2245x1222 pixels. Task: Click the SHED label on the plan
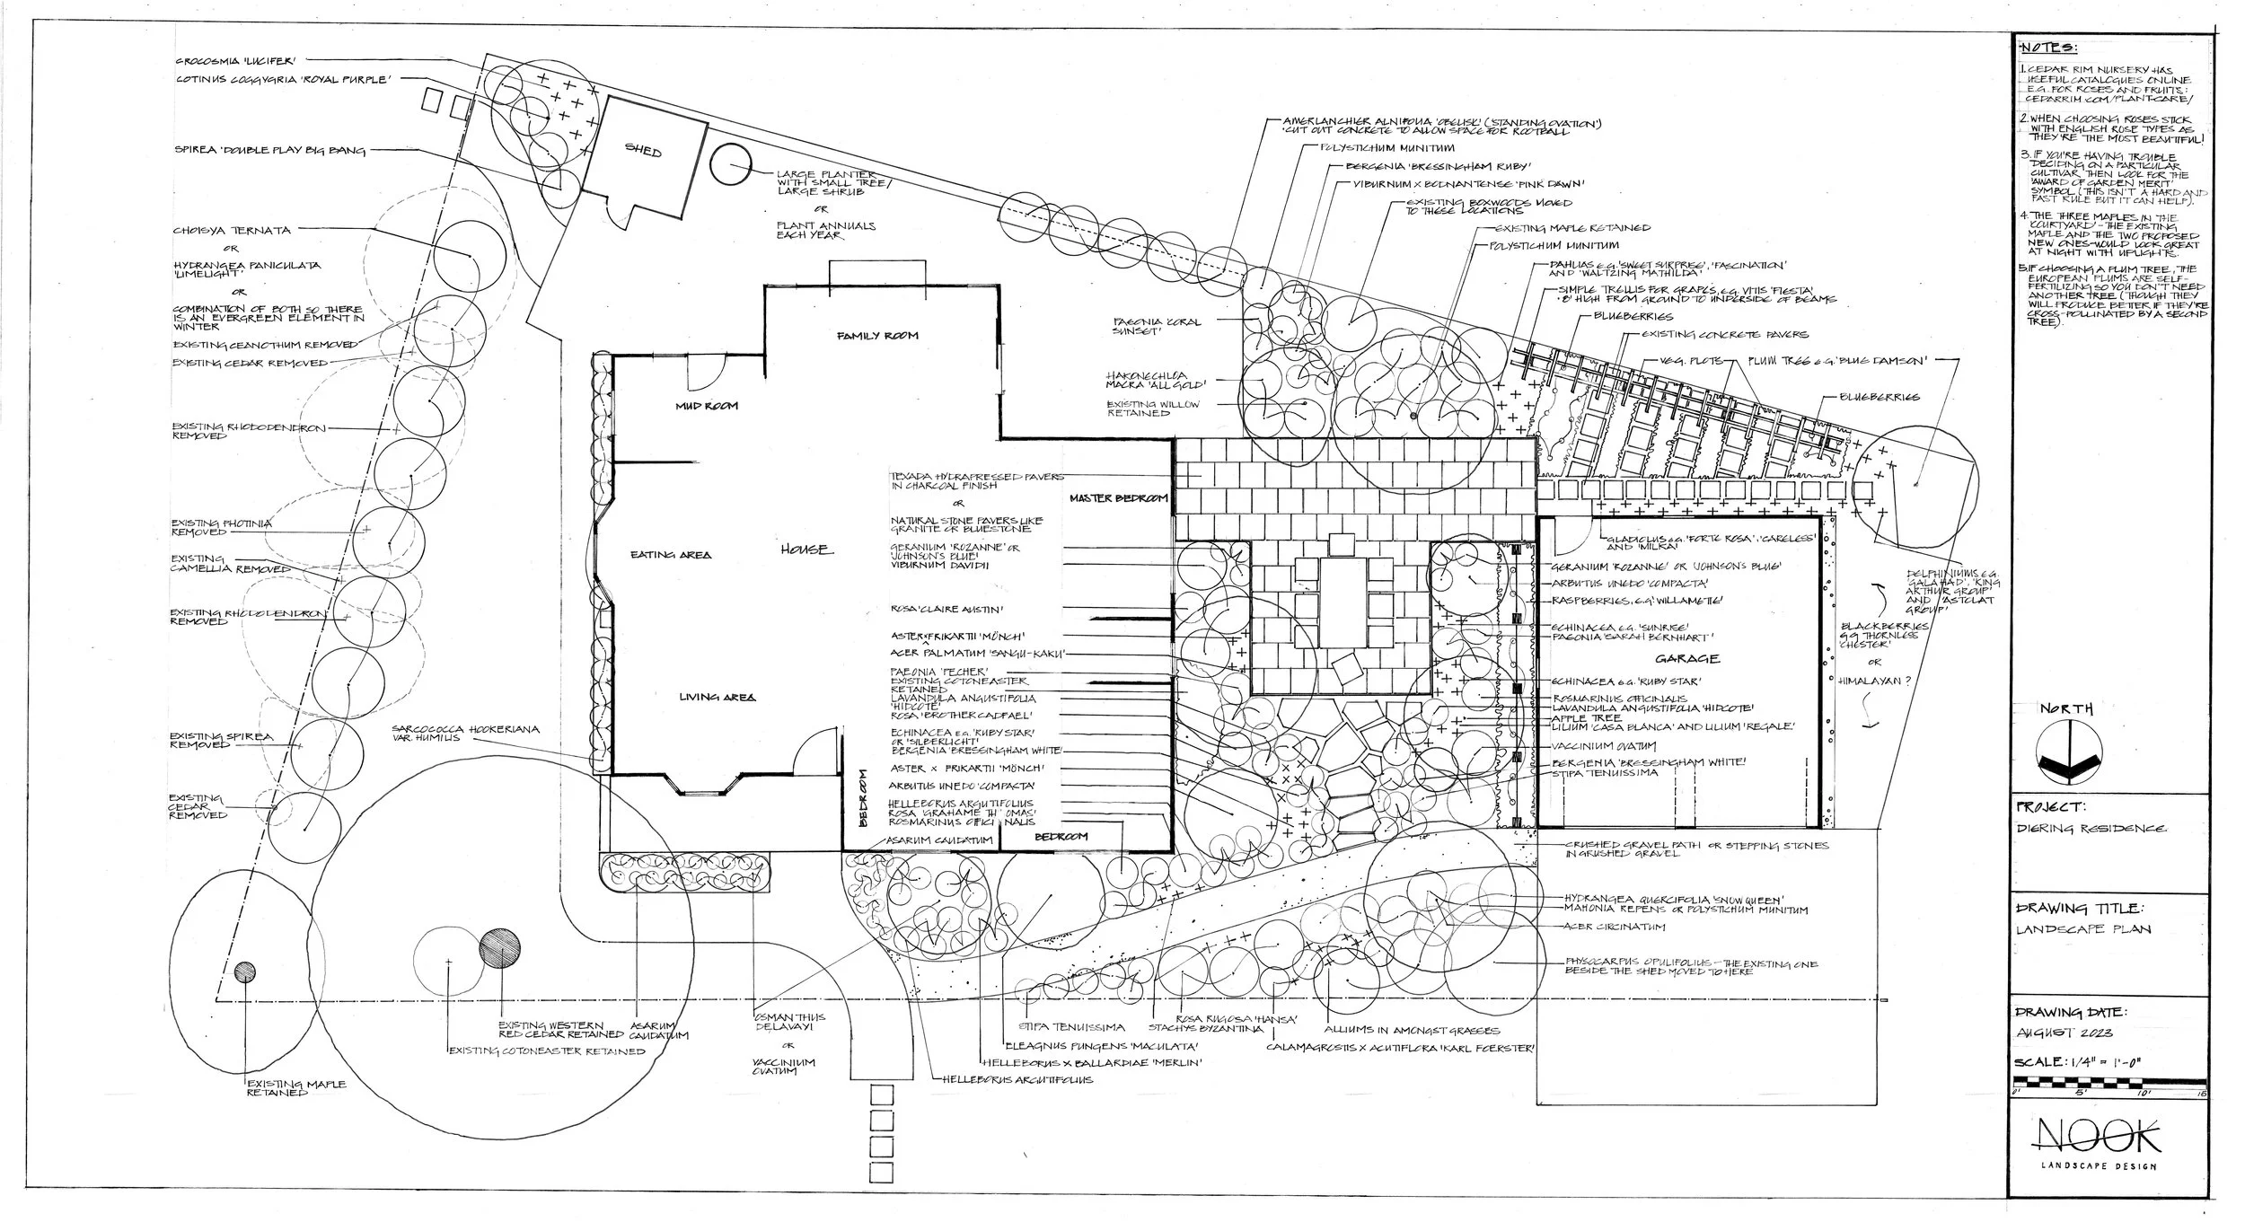pyautogui.click(x=643, y=152)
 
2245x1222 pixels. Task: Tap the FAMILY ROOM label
pyautogui.click(x=877, y=335)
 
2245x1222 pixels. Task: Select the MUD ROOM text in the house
pyautogui.click(x=707, y=405)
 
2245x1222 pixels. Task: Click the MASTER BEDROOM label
pyautogui.click(x=1118, y=497)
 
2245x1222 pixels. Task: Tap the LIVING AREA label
pyautogui.click(x=717, y=697)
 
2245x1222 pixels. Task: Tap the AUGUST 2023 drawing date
pyautogui.click(x=2059, y=1033)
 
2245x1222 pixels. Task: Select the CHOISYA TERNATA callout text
pyautogui.click(x=233, y=231)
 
